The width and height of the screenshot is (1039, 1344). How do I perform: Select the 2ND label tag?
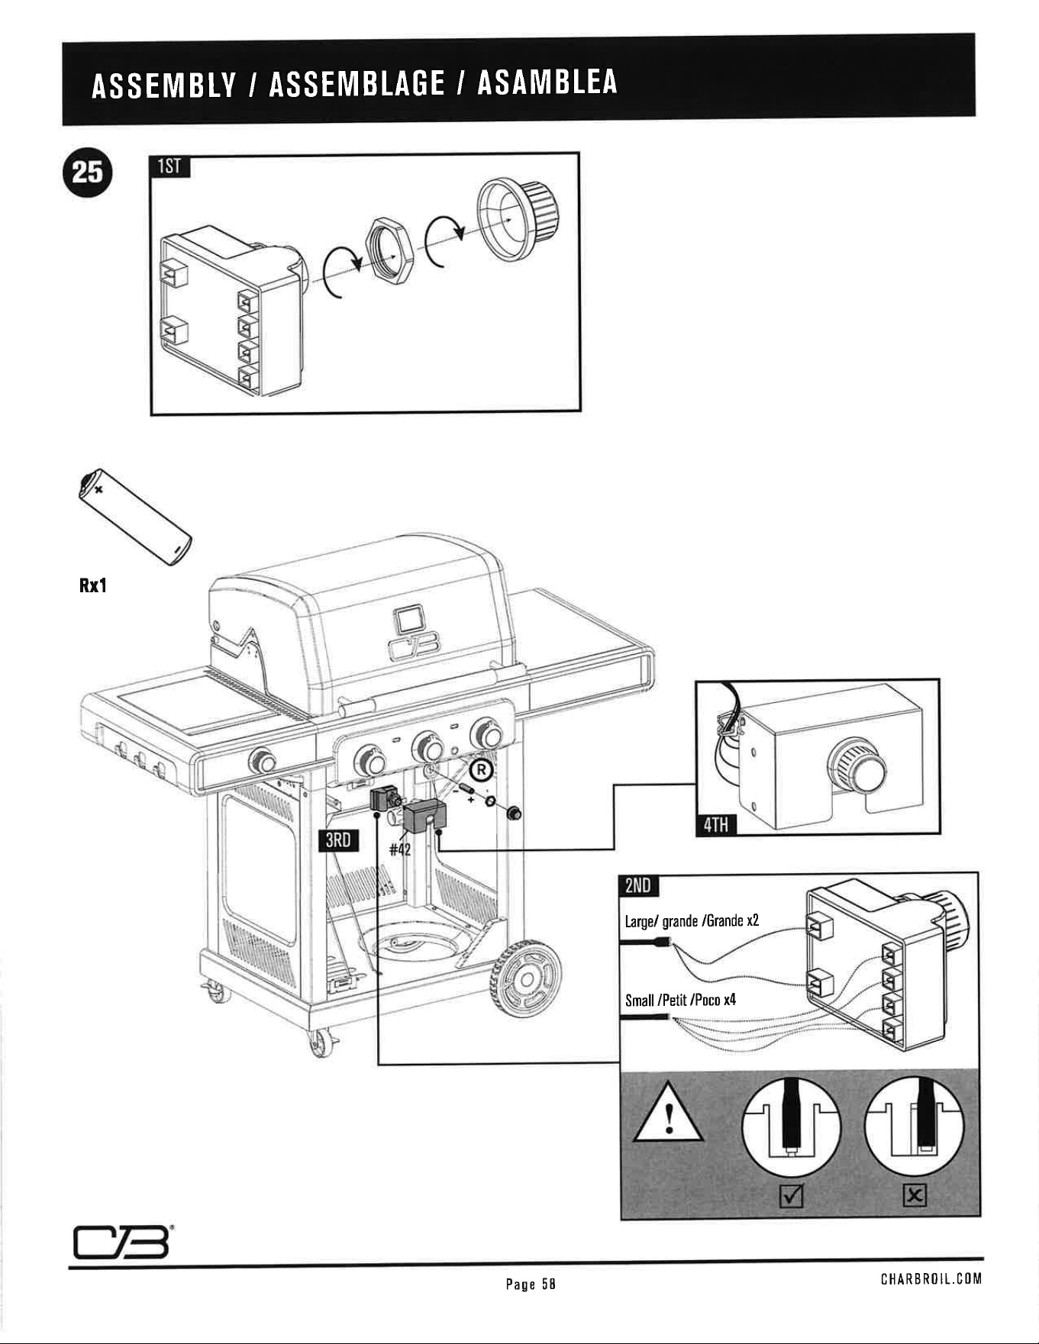(x=639, y=885)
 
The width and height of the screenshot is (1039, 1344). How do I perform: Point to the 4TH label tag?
(x=715, y=824)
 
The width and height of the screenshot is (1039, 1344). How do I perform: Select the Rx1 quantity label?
(x=93, y=586)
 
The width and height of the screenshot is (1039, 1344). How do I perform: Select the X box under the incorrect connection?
(x=914, y=1196)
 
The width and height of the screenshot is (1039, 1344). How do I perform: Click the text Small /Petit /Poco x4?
(x=680, y=1000)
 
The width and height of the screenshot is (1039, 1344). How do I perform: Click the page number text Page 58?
(x=530, y=1284)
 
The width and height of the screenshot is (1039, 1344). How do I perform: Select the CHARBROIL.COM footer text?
(x=931, y=1278)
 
